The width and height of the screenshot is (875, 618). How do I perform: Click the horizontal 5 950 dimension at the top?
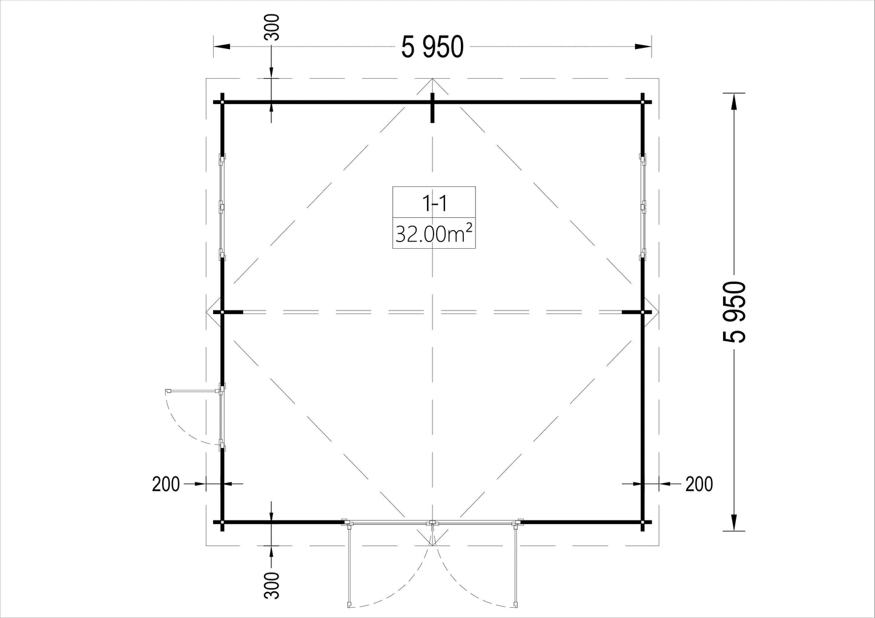432,47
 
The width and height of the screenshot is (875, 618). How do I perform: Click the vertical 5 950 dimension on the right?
735,312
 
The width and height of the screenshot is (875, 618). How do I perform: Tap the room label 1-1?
434,203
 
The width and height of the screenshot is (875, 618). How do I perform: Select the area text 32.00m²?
434,234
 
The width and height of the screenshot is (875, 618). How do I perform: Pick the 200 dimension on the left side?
166,484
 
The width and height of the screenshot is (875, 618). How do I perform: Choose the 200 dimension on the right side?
699,484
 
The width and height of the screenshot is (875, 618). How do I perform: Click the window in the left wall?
222,207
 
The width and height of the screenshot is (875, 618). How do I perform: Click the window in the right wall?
642,207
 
